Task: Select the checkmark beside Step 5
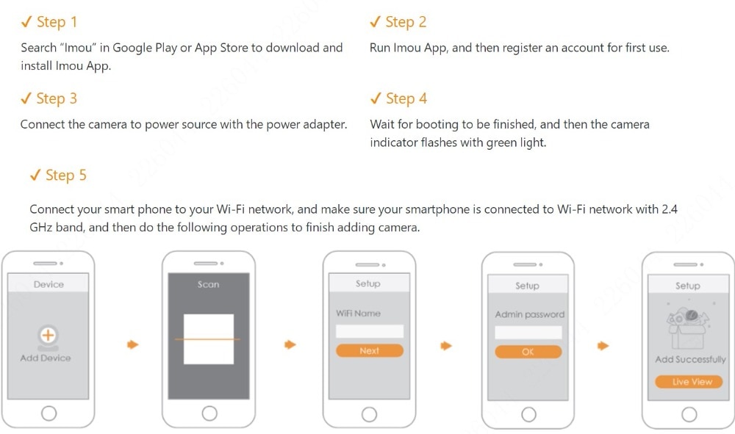click(35, 175)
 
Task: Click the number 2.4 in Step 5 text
click(670, 209)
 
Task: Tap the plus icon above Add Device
click(48, 335)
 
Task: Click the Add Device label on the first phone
click(46, 358)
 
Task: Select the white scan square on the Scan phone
click(209, 339)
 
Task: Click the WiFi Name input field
click(370, 331)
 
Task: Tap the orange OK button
click(528, 352)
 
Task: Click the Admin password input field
click(528, 333)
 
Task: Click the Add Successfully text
click(690, 360)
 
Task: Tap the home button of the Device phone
click(49, 413)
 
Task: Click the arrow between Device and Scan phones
click(132, 345)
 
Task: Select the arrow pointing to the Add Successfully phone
click(603, 346)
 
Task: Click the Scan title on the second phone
click(208, 285)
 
